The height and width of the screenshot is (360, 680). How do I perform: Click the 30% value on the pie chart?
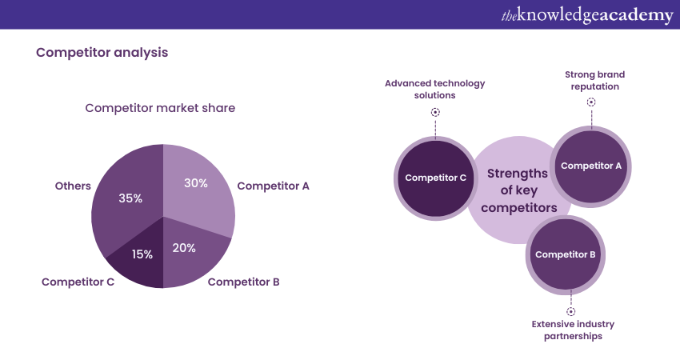195,183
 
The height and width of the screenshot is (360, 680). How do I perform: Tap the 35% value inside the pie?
130,198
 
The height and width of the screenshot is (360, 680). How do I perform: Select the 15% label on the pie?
142,254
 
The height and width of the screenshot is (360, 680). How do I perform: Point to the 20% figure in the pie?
184,248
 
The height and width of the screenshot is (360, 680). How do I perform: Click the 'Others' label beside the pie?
73,186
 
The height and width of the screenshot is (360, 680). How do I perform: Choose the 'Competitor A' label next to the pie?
273,186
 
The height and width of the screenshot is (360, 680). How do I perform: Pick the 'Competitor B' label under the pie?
243,282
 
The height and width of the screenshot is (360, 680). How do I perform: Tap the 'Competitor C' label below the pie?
78,282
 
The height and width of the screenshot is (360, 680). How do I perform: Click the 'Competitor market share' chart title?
160,108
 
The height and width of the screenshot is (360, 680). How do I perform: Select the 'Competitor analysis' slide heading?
102,53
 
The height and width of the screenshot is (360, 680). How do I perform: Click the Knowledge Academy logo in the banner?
587,14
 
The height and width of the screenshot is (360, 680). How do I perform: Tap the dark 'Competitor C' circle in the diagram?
435,178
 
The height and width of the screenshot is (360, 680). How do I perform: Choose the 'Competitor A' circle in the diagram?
591,166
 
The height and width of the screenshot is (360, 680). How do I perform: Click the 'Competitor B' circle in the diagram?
566,254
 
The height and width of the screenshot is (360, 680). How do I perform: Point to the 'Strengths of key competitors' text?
518,190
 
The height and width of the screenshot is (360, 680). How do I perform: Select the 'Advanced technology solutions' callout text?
435,89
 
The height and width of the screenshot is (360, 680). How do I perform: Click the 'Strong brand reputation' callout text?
594,80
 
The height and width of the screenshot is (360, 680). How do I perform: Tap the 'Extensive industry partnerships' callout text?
573,330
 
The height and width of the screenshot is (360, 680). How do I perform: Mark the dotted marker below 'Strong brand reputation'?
591,102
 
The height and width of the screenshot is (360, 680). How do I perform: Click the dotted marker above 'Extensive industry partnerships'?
570,311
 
